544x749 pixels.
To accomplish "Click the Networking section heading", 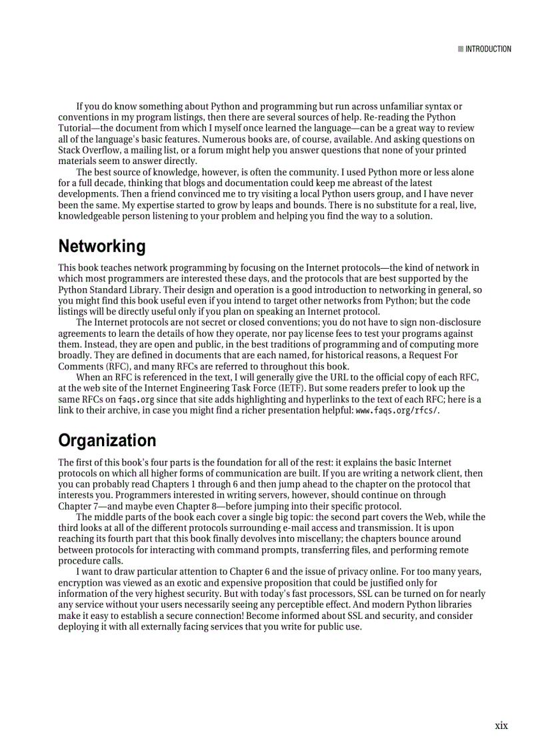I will [x=101, y=247].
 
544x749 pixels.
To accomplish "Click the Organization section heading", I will [x=107, y=441].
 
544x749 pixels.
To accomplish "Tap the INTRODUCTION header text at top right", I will [x=488, y=49].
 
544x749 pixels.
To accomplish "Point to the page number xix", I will [x=501, y=726].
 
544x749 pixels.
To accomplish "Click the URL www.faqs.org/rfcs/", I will [x=397, y=410].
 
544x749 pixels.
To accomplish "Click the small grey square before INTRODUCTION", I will [x=461, y=49].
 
